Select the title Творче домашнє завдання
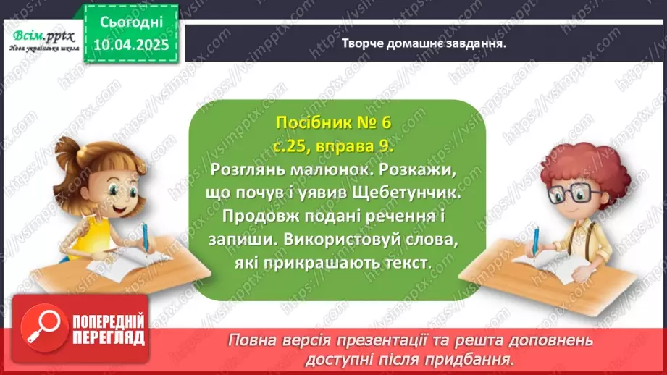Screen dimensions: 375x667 coord(423,43)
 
